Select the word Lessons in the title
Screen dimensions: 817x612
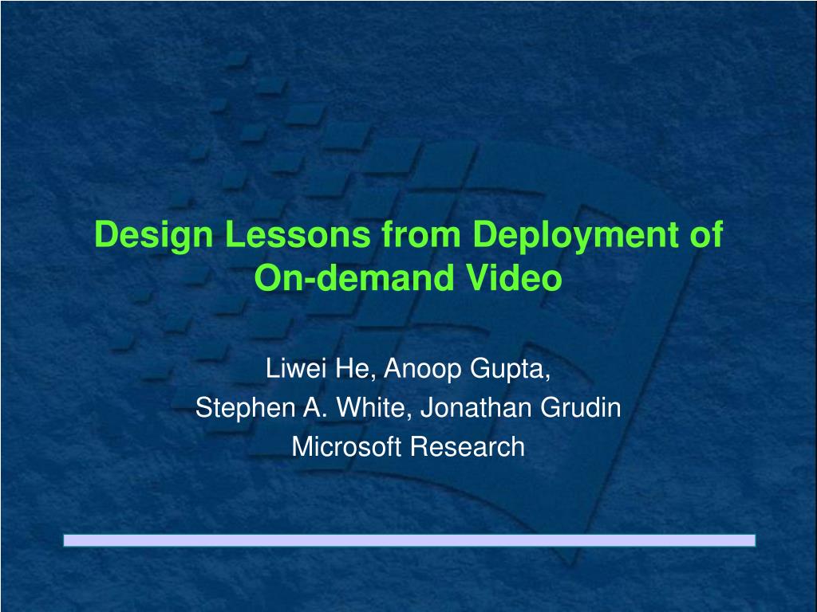click(x=298, y=235)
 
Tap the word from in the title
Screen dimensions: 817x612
click(x=421, y=235)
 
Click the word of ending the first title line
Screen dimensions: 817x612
click(x=707, y=235)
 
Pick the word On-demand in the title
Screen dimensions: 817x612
click(x=353, y=277)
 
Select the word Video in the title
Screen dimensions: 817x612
click(x=514, y=277)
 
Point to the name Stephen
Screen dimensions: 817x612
click(x=245, y=409)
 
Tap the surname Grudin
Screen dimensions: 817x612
click(x=581, y=407)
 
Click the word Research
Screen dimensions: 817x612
click(x=467, y=446)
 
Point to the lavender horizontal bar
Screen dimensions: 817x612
click(x=409, y=540)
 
